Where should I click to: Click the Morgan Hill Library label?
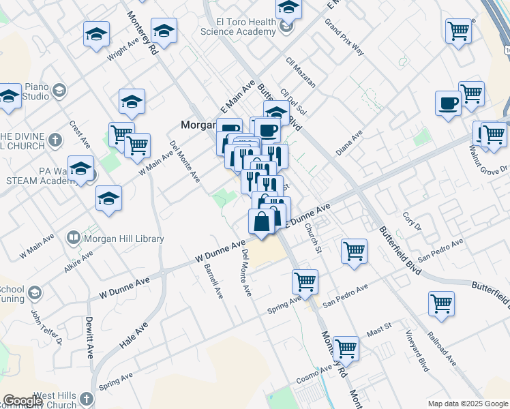(x=123, y=239)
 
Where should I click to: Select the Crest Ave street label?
(x=80, y=135)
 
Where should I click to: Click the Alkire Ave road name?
(x=78, y=261)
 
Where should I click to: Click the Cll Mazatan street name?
(x=301, y=72)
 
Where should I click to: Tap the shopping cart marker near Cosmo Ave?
(x=346, y=348)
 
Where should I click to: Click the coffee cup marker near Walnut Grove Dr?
(x=448, y=103)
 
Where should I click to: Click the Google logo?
(x=22, y=401)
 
